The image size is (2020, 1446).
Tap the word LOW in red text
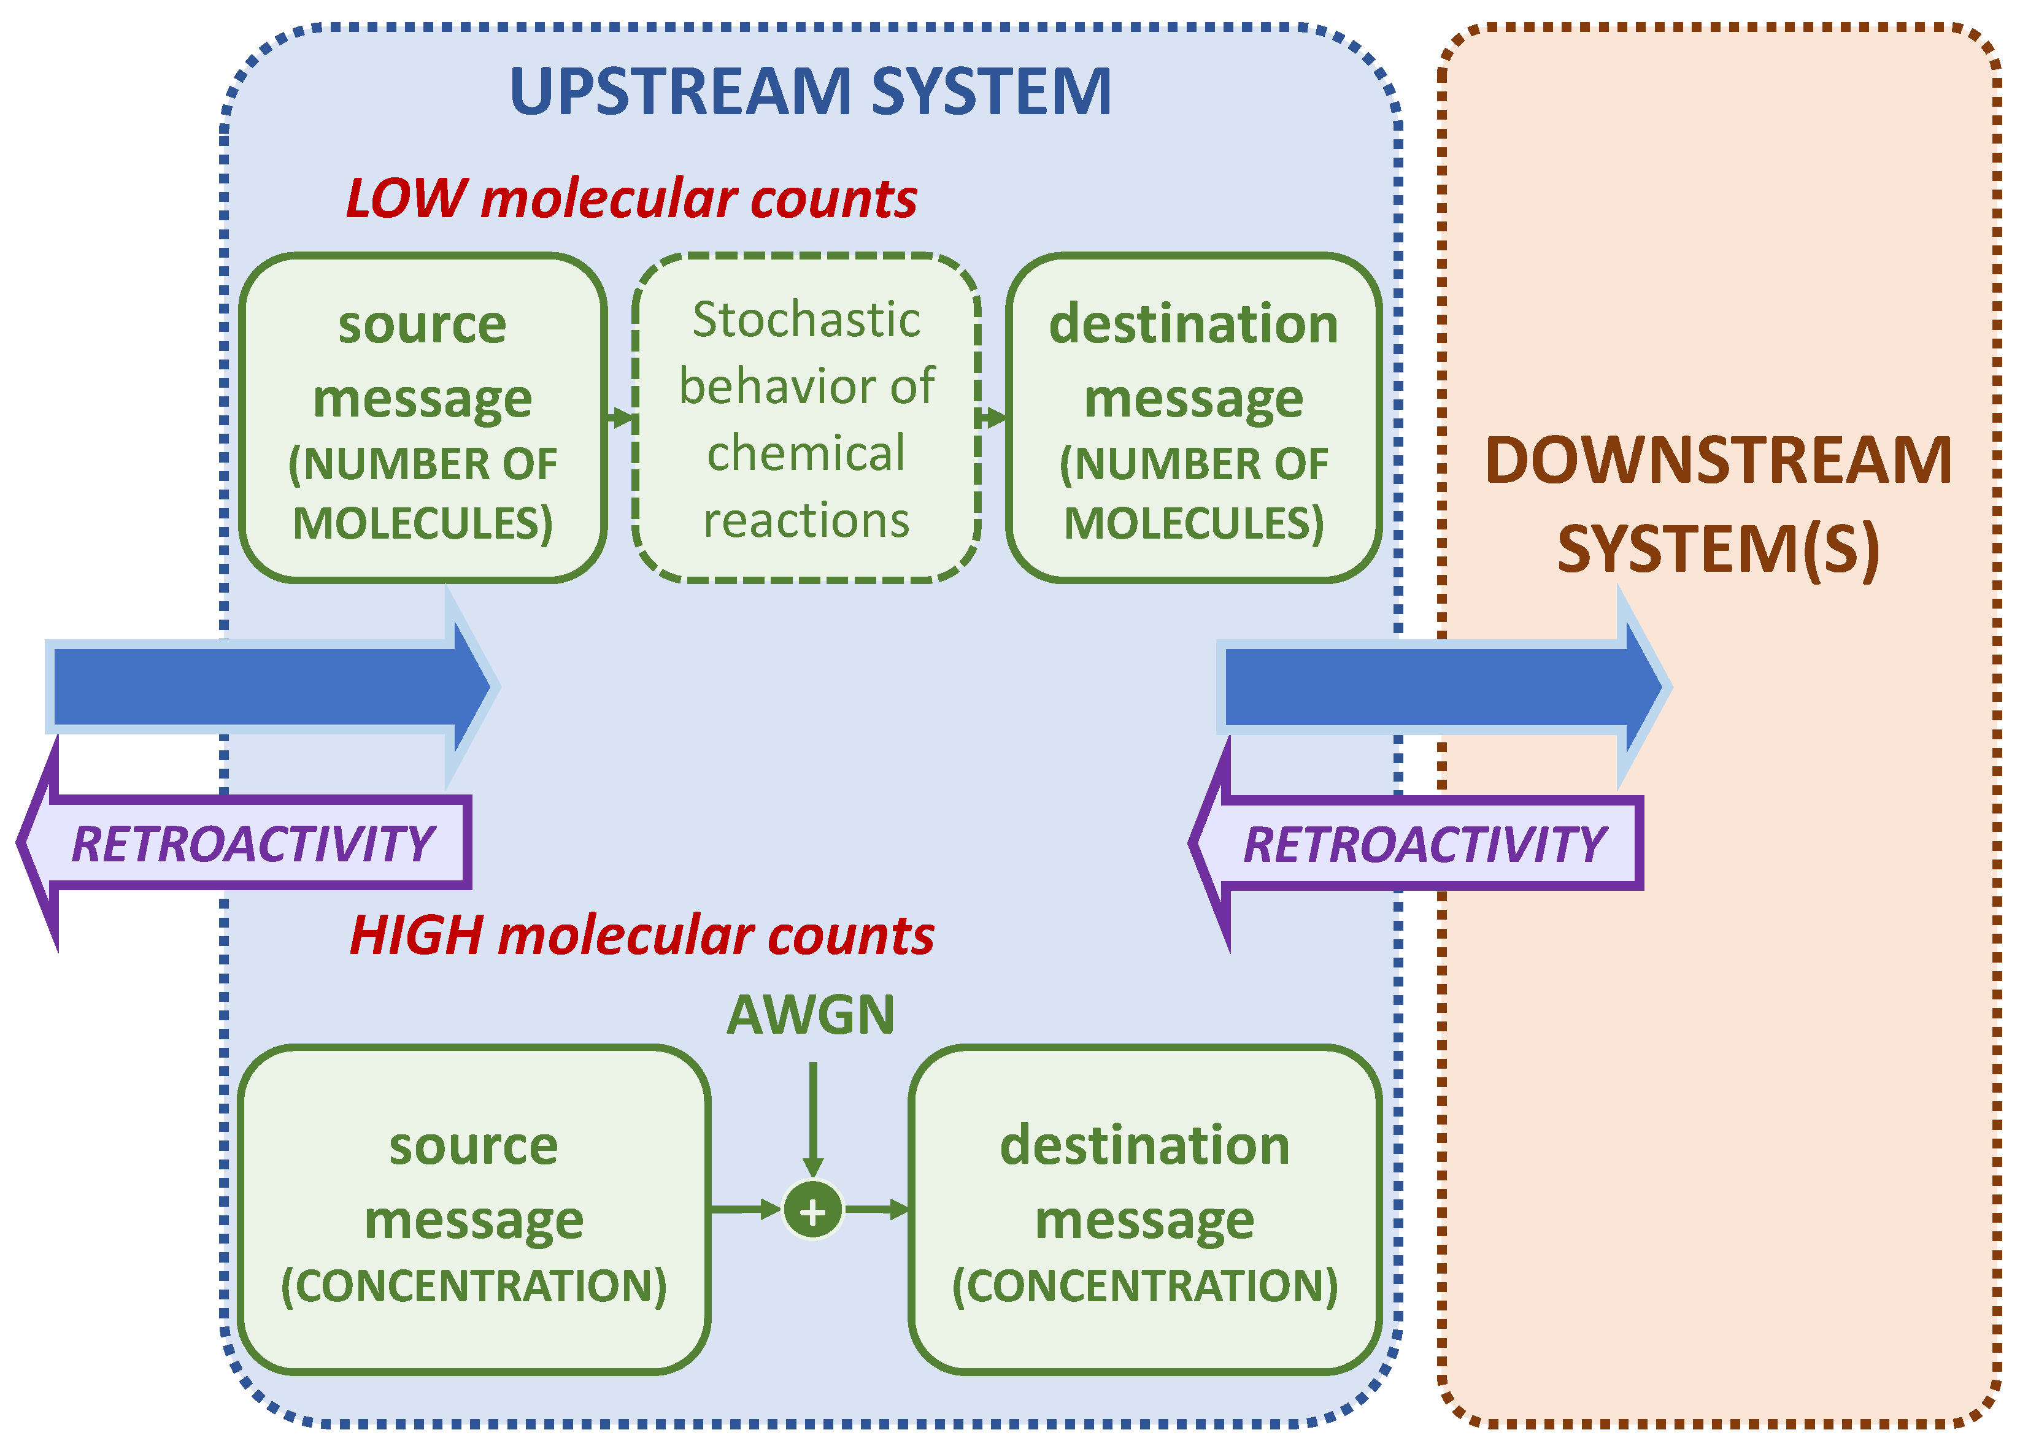pyautogui.click(x=405, y=198)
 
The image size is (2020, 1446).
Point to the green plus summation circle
pyautogui.click(x=812, y=1210)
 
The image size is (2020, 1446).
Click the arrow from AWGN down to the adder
pyautogui.click(x=812, y=1117)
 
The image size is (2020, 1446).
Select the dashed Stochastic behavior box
pyautogui.click(x=806, y=418)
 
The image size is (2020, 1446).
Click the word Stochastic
pyautogui.click(x=806, y=320)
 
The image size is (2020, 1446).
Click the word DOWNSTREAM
pyautogui.click(x=1718, y=461)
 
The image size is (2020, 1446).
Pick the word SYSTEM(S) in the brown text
pyautogui.click(x=1718, y=548)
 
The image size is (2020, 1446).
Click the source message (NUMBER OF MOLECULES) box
pyautogui.click(x=422, y=418)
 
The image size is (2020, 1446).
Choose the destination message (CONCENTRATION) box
pyautogui.click(x=1144, y=1211)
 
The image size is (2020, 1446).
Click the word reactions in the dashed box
pyautogui.click(x=806, y=521)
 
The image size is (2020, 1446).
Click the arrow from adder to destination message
pyautogui.click(x=876, y=1209)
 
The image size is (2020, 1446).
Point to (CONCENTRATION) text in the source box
pyautogui.click(x=474, y=1286)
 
